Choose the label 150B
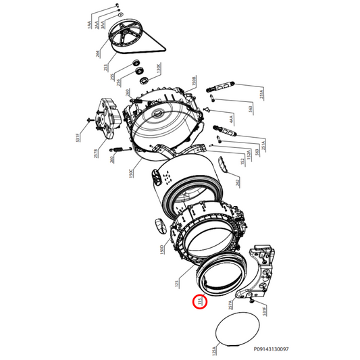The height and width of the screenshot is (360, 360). tap(193, 83)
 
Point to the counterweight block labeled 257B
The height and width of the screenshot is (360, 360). tap(109, 114)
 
